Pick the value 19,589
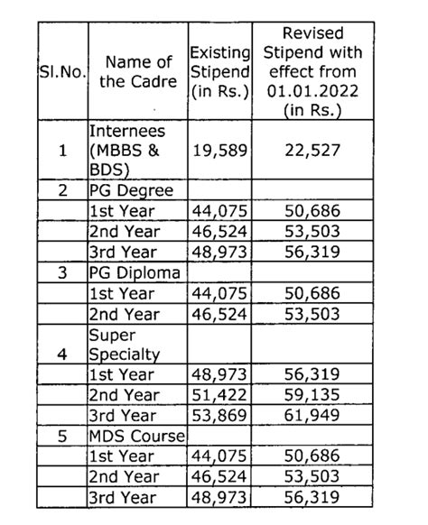(x=220, y=151)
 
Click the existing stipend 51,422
(x=220, y=395)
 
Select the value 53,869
(x=220, y=416)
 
